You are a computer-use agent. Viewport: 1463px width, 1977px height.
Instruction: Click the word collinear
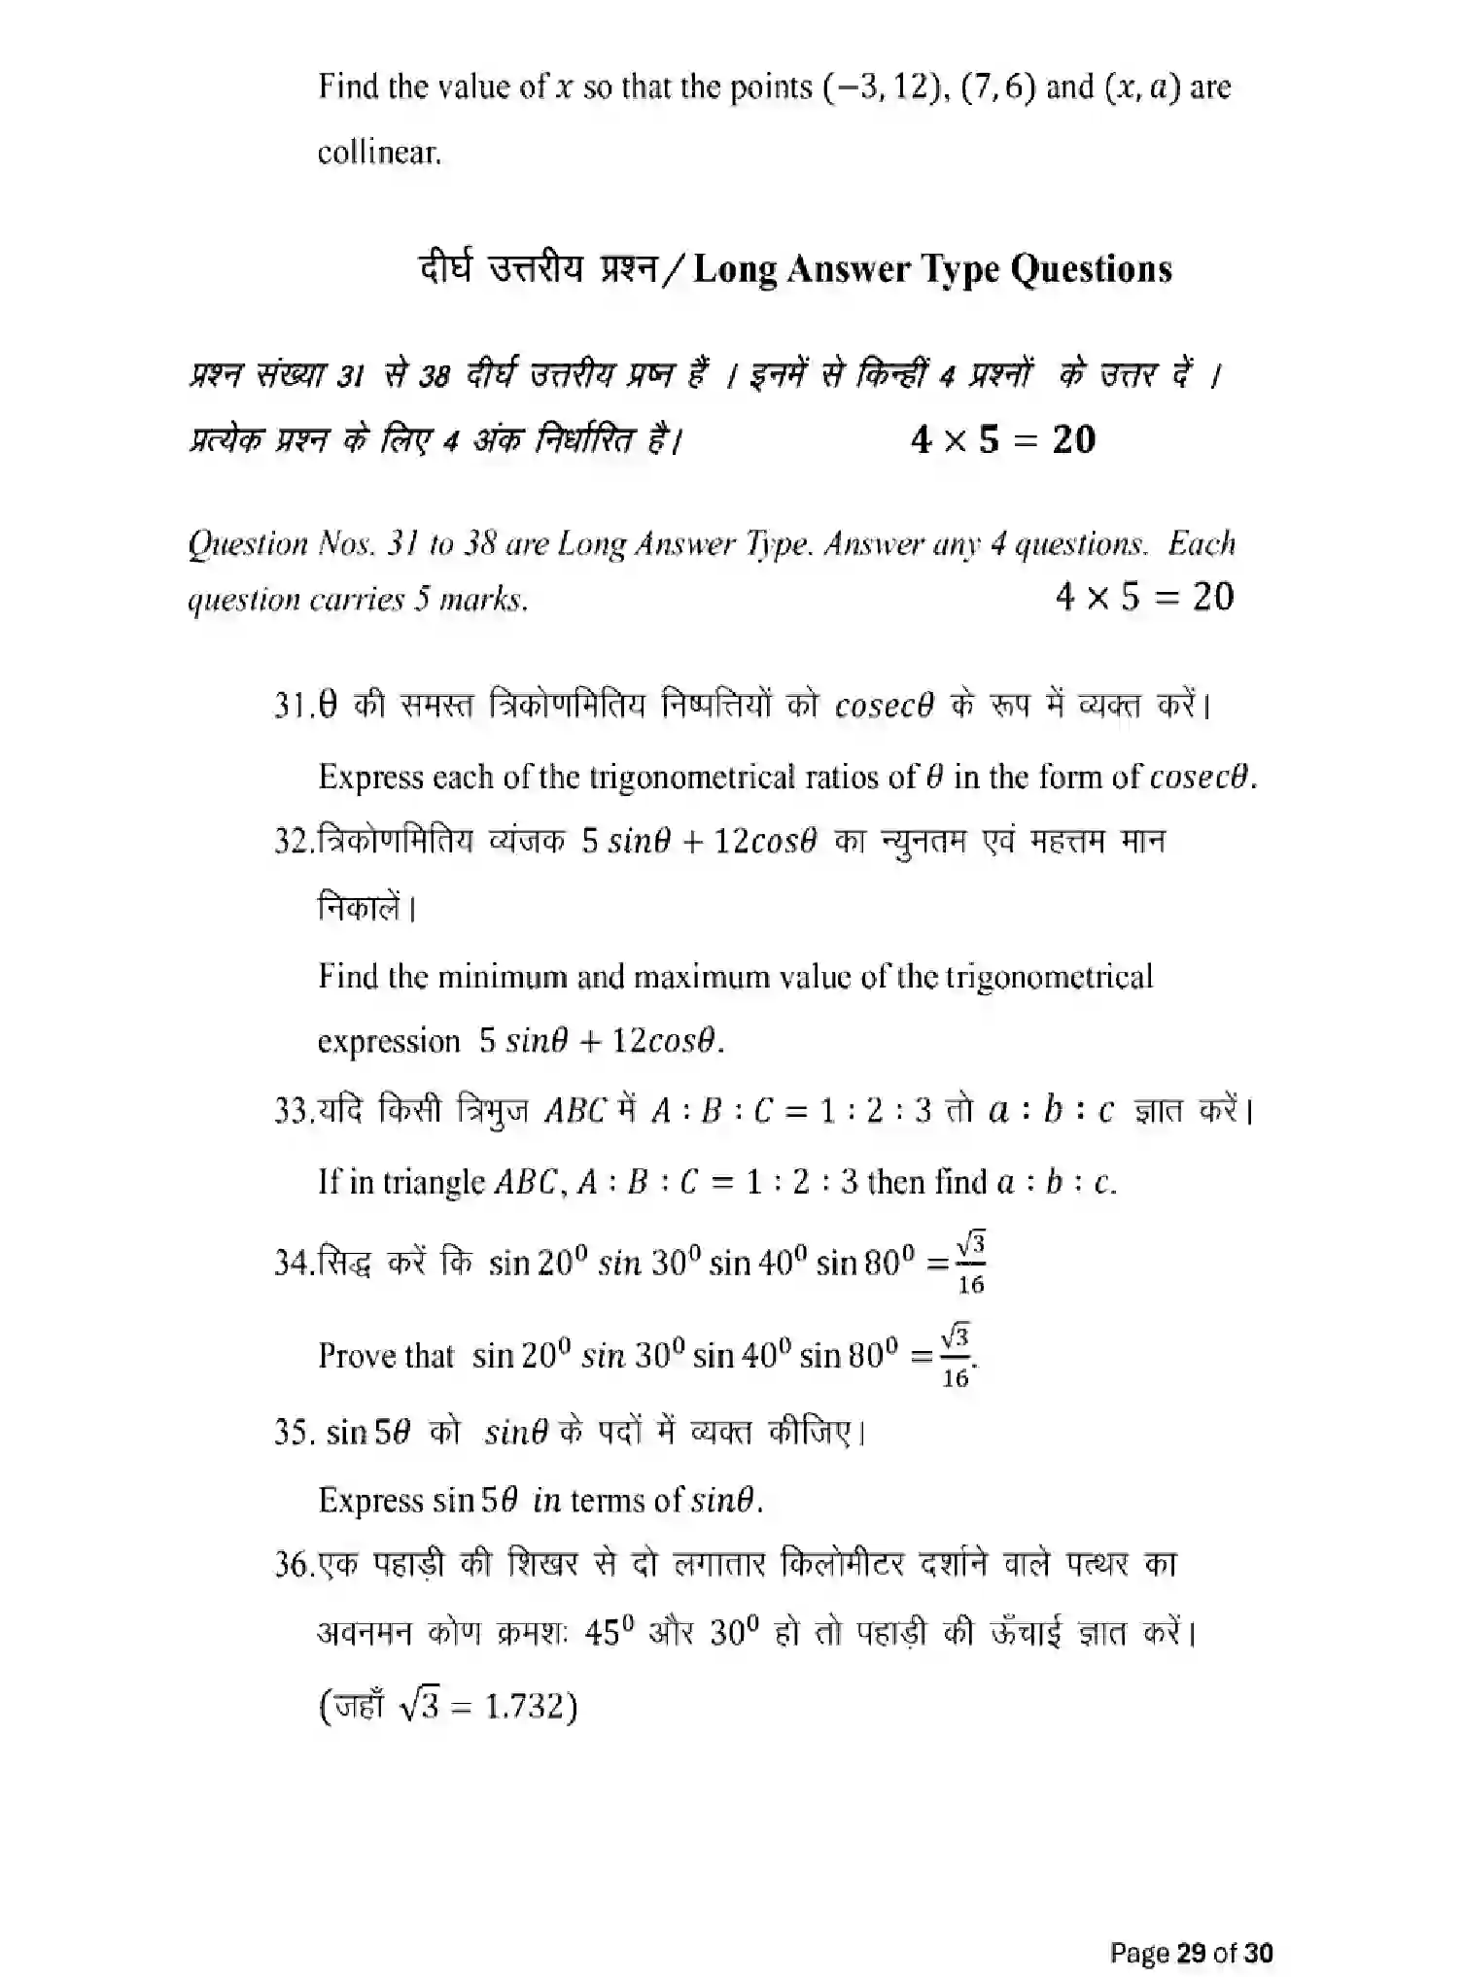click(379, 153)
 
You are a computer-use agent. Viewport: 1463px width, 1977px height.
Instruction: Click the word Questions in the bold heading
click(1091, 269)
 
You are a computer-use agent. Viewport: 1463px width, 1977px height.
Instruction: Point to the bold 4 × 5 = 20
click(1002, 439)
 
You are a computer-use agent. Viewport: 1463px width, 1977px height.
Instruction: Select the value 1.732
click(524, 1707)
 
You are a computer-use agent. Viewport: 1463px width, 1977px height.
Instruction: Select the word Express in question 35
click(370, 1500)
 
